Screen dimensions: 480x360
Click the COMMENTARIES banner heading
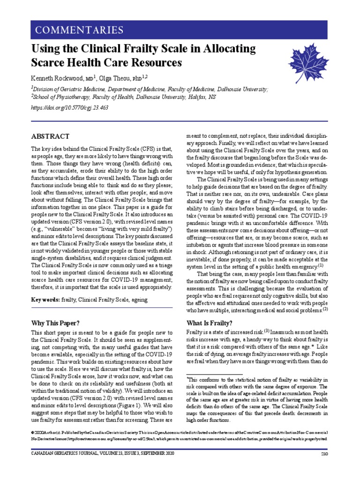point(77,31)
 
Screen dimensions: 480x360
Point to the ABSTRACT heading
point(50,136)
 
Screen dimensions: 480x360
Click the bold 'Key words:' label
point(45,300)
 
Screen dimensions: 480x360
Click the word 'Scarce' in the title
point(51,62)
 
